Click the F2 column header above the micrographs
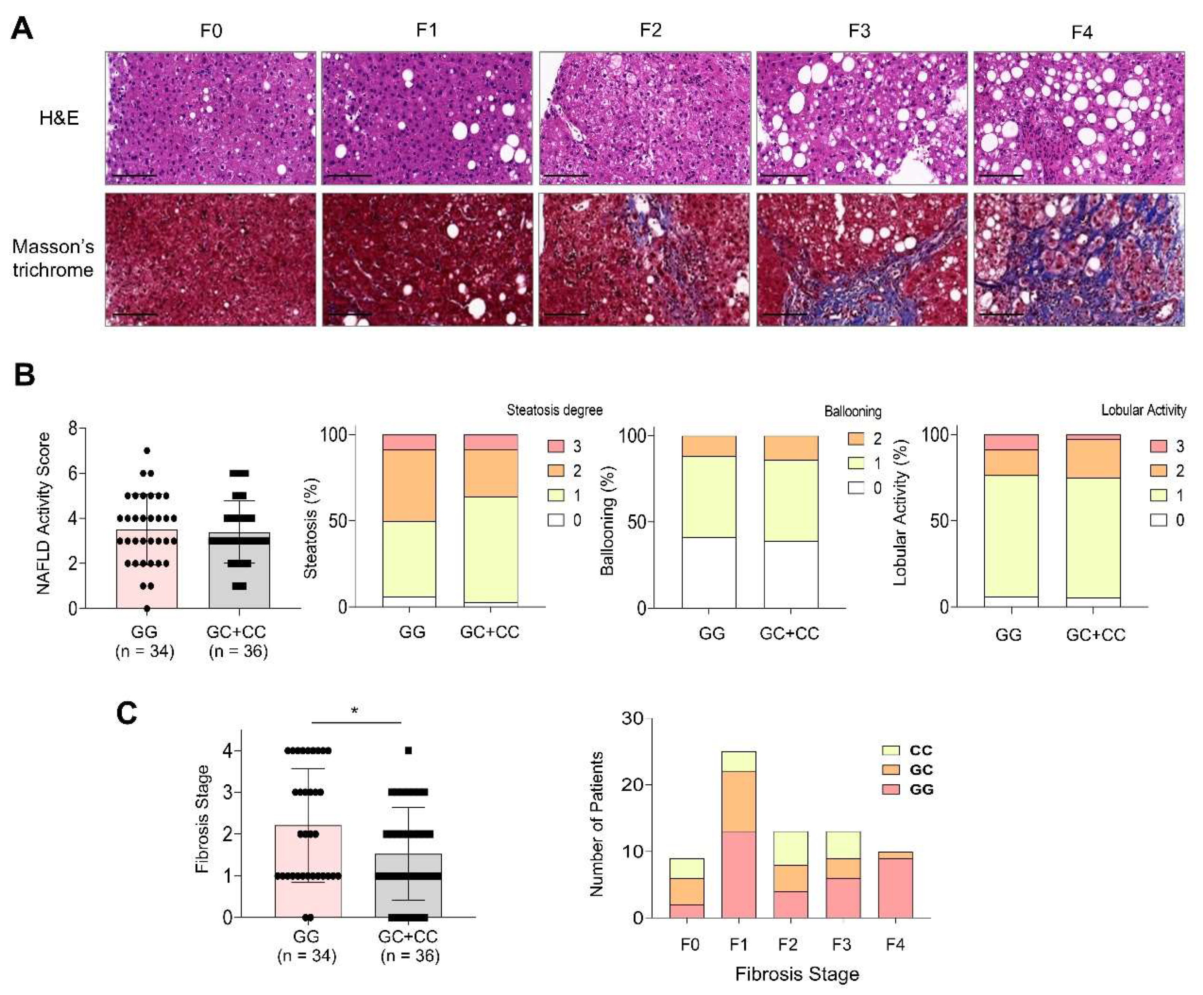pos(650,30)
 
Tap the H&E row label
pos(59,118)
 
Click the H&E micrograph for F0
pos(210,118)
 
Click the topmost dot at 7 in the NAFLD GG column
pos(147,451)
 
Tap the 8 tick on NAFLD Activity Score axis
pos(73,428)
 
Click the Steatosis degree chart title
pos(554,410)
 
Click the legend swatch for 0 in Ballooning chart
pos(856,488)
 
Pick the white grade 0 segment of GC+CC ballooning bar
pos(791,574)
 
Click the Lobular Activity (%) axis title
pos(900,512)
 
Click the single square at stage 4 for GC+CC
pos(408,751)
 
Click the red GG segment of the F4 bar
pos(895,887)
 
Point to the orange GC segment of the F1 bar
pos(738,801)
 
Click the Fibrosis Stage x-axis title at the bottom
pos(796,974)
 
